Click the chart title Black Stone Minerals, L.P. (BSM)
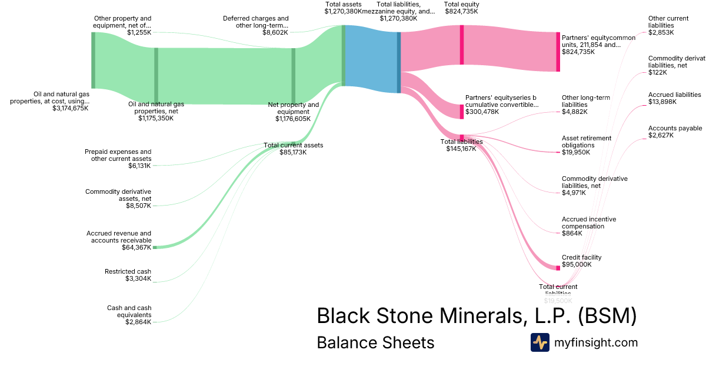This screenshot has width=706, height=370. tap(477, 315)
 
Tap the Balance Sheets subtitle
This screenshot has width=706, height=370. tap(375, 342)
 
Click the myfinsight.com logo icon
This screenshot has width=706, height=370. tap(540, 342)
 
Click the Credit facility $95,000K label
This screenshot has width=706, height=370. tap(582, 261)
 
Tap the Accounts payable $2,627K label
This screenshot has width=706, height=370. tap(675, 132)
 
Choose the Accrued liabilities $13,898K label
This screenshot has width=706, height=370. tap(674, 98)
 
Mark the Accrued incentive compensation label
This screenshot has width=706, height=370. tap(589, 226)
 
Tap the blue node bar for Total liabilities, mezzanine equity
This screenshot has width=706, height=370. tap(399, 62)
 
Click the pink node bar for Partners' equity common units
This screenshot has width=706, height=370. tap(558, 52)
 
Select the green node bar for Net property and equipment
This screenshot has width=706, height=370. tap(293, 76)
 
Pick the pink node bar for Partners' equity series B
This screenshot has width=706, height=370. tap(462, 111)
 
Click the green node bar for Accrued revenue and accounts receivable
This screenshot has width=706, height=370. tap(155, 247)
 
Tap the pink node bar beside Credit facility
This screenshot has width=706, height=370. tap(558, 268)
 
